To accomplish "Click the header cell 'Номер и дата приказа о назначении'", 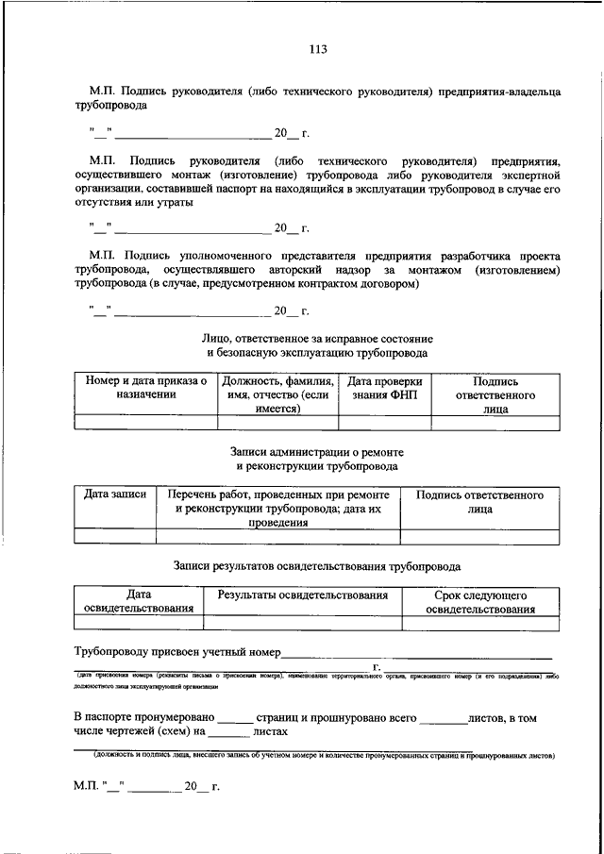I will pos(146,388).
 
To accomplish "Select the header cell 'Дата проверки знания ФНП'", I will pos(384,388).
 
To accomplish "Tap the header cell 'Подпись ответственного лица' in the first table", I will pos(495,394).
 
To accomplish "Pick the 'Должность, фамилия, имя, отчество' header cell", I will pos(277,394).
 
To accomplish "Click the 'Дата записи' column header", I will pos(115,494).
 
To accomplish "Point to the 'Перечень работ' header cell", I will pos(277,508).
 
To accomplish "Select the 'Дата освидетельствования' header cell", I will pos(139,602).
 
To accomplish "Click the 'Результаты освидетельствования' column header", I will pos(302,595).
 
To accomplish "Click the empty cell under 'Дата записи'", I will pos(115,536).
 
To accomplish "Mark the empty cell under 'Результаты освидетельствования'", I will pos(302,623).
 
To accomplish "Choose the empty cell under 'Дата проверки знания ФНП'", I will pos(384,422).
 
